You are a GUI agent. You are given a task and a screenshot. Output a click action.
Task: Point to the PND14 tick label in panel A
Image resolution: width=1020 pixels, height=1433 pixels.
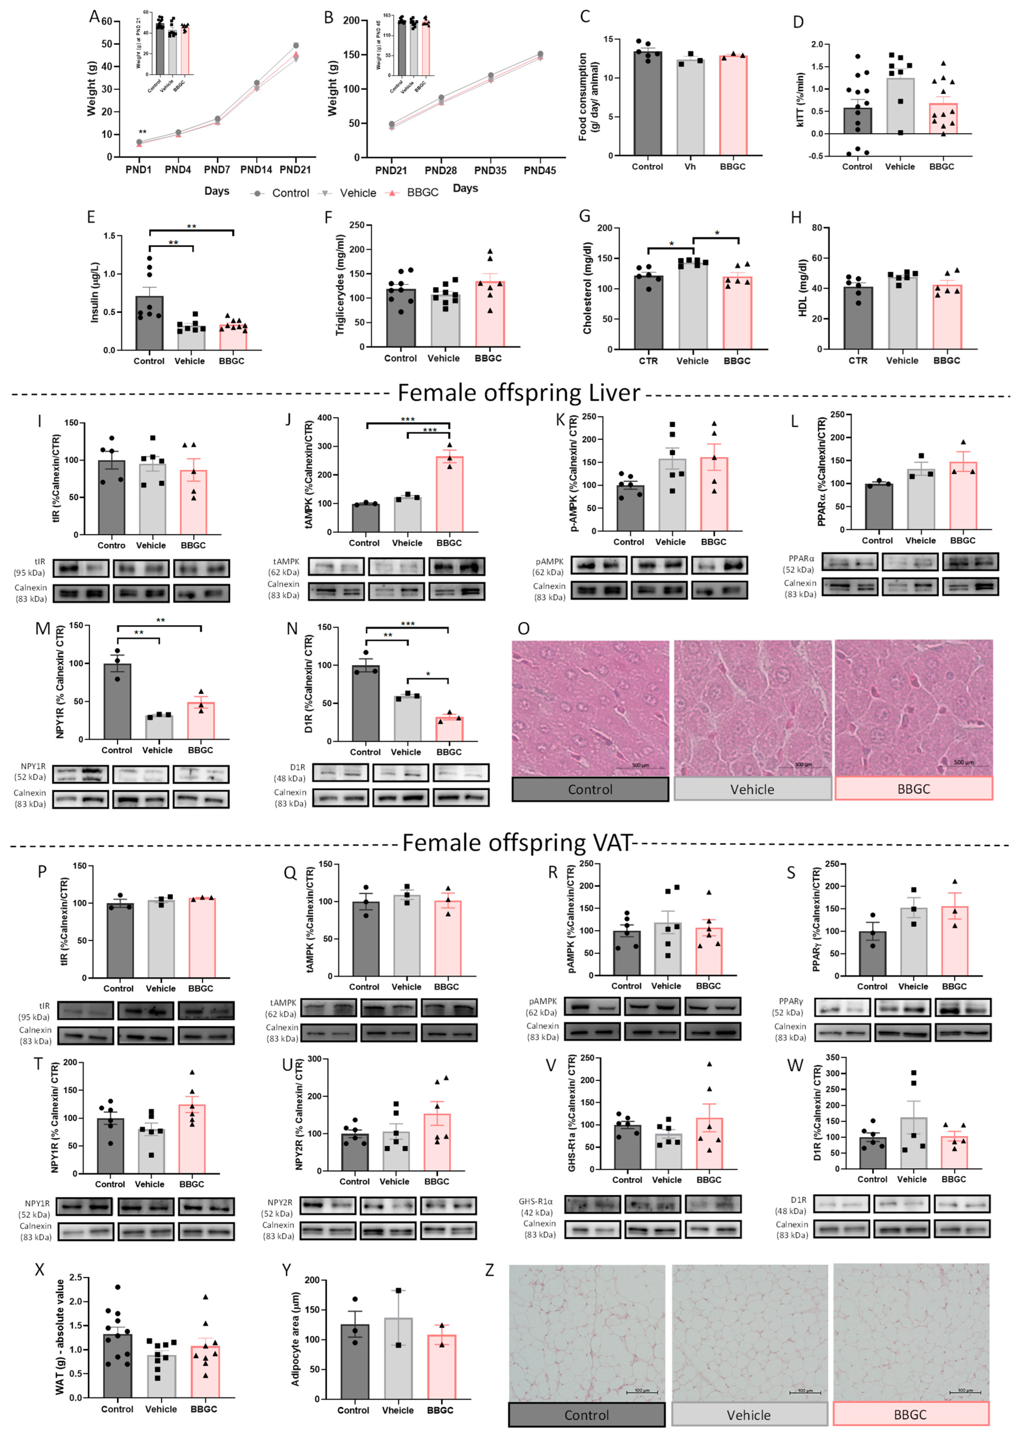pos(256,170)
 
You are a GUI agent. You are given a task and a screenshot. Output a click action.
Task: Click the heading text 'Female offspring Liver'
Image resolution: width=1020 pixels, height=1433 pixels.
pos(519,393)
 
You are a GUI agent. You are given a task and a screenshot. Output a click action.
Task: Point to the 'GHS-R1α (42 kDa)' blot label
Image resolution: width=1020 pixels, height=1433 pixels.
pos(536,1207)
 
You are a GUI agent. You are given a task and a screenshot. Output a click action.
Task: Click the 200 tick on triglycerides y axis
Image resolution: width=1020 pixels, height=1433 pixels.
pos(357,249)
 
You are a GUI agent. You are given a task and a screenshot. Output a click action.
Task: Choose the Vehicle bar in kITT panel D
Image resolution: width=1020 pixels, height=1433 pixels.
pos(900,106)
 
